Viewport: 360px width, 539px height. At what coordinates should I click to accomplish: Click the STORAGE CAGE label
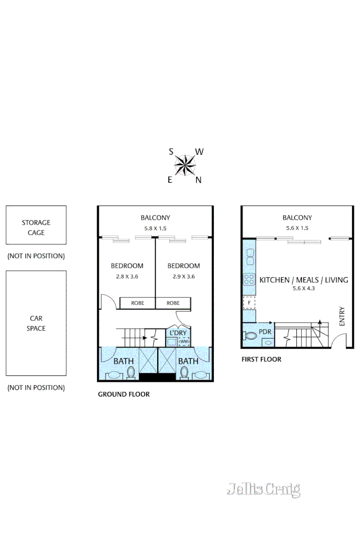click(x=36, y=227)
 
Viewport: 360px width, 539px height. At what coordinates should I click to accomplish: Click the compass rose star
click(x=185, y=165)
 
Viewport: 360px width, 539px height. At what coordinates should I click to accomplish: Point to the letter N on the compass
click(x=198, y=180)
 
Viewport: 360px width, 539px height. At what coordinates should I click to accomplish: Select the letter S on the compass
click(x=171, y=151)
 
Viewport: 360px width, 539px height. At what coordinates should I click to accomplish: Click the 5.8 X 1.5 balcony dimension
click(x=155, y=228)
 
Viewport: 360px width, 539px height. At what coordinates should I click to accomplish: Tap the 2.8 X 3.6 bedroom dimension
click(x=127, y=276)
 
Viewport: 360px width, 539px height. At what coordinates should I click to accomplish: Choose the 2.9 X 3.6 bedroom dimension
click(x=184, y=276)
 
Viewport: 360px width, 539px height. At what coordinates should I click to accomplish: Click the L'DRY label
click(x=178, y=333)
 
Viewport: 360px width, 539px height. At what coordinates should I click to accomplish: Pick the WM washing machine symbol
click(x=184, y=342)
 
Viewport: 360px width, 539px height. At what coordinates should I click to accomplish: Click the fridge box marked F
click(x=249, y=303)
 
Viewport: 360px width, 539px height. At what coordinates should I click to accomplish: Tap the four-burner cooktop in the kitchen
click(x=249, y=279)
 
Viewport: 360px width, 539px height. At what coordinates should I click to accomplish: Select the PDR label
click(x=265, y=331)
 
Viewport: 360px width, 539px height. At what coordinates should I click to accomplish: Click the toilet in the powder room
click(x=251, y=335)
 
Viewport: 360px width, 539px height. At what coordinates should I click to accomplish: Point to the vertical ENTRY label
click(x=342, y=316)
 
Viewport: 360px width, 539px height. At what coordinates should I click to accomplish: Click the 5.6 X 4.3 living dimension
click(x=304, y=289)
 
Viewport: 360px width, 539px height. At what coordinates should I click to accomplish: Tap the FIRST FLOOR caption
click(x=261, y=359)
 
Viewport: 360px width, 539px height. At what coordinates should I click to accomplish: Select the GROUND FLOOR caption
click(x=123, y=394)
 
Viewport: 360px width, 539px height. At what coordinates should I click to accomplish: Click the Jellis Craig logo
click(x=263, y=489)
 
